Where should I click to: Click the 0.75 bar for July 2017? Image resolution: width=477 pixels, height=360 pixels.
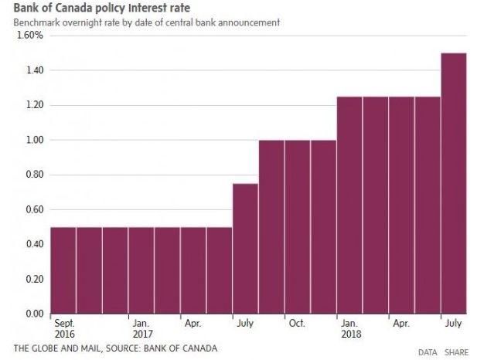pos(245,249)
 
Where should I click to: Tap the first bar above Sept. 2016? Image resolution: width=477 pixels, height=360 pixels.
pos(63,270)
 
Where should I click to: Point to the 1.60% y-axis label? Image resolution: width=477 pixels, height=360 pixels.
pos(29,36)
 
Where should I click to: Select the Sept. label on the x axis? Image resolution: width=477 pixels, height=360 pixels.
pos(64,324)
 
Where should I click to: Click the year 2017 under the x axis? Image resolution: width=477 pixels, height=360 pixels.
pos(141,335)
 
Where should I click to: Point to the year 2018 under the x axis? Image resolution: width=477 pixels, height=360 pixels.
pos(350,335)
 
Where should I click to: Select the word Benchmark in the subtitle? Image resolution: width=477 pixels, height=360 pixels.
pos(35,23)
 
